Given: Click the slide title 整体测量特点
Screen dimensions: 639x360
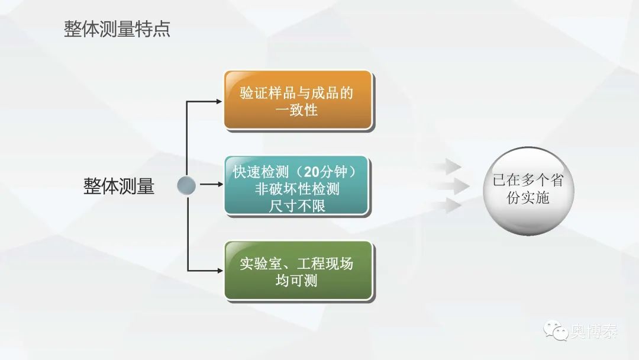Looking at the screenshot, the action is point(117,29).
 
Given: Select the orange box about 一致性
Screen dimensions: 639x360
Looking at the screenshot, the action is point(298,101).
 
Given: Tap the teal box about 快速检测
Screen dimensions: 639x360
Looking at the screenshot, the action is point(297,187).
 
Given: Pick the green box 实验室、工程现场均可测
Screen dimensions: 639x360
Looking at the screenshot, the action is point(299,272).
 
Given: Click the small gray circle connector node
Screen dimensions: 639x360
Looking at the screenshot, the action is point(186,186).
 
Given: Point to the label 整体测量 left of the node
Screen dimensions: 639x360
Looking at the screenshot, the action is point(119,187).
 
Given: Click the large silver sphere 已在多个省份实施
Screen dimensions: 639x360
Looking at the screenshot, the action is point(528,191).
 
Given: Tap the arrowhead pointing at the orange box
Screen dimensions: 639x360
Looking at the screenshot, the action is point(219,101).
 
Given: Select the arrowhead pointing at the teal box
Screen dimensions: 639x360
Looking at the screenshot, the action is point(220,184).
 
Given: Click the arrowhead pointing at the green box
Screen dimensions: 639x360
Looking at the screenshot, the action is point(220,271).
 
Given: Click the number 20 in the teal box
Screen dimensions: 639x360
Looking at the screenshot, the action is point(312,172).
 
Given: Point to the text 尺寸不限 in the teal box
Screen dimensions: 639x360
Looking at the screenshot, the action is point(297,206).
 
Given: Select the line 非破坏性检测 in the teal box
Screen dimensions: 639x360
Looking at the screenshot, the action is point(297,189).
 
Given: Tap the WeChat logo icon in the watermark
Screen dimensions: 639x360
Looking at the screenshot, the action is point(556,330).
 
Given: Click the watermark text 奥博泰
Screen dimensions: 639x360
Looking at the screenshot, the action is point(594,331).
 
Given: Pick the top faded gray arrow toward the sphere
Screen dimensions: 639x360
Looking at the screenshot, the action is point(448,166).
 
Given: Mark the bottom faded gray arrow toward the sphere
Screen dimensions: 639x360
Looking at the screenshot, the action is point(448,205).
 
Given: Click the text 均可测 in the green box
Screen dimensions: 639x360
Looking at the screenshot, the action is point(296,281).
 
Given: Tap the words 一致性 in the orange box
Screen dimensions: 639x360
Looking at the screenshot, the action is point(296,110).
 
